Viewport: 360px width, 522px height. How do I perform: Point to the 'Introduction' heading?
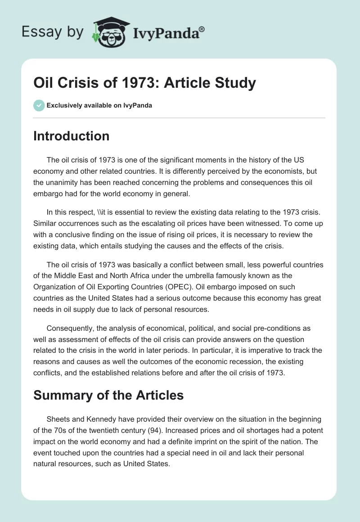tap(71, 136)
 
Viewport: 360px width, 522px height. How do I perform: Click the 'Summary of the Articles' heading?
tap(108, 395)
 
